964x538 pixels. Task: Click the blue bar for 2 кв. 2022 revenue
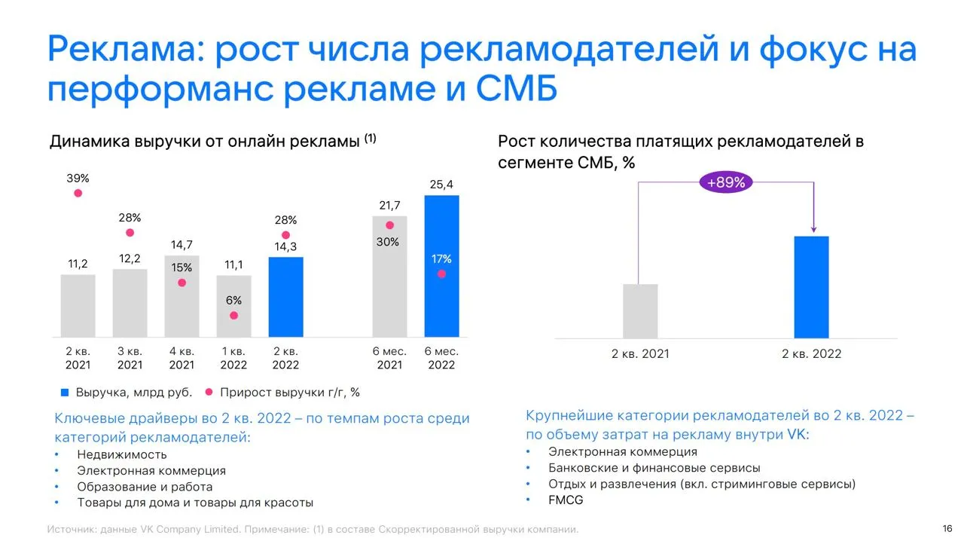coord(285,297)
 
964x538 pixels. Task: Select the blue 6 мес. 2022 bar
coord(441,266)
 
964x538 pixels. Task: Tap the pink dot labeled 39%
coord(78,193)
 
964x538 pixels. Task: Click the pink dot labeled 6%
coord(233,316)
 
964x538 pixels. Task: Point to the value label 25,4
coord(441,185)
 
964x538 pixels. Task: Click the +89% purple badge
coord(726,182)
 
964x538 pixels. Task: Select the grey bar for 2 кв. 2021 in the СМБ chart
coord(640,311)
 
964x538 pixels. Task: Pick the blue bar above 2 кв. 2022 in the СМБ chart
coord(811,287)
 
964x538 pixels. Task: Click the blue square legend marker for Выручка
coord(65,393)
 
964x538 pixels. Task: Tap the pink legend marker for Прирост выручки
coord(209,392)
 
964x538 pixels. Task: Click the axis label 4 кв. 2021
coord(182,358)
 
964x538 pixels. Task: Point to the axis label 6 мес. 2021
coord(389,358)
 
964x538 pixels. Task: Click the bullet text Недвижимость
coord(122,454)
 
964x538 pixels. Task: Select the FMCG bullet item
coord(566,500)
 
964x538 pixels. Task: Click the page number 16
coord(947,528)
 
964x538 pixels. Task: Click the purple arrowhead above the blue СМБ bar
coord(813,229)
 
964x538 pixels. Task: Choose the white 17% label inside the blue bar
coord(441,259)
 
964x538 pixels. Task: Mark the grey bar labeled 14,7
coord(182,297)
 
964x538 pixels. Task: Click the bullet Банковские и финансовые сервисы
coord(654,468)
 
